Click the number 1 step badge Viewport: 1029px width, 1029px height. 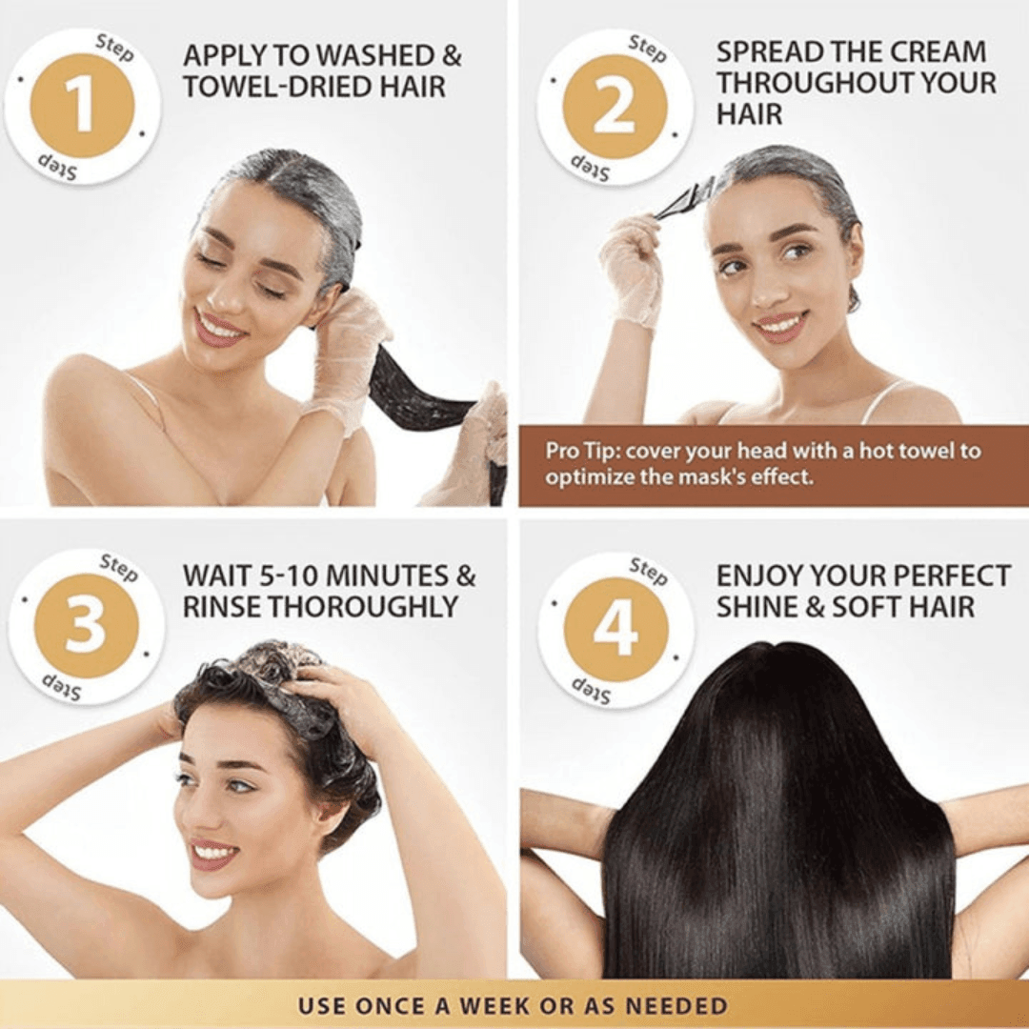(82, 106)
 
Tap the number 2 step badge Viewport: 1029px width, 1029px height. (614, 107)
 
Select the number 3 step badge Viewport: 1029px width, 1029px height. (86, 626)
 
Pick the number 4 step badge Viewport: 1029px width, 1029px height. (615, 630)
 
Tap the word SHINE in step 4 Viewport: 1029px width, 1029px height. (757, 607)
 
